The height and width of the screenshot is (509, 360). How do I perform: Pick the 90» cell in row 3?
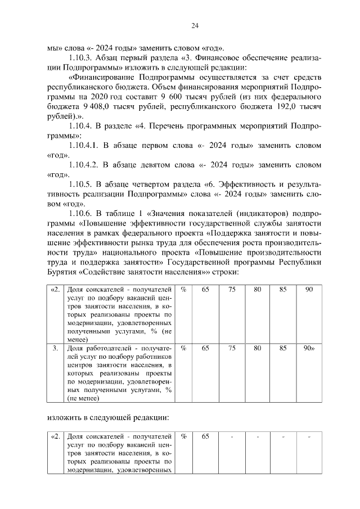(309, 348)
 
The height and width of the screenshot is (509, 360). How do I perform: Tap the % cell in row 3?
(183, 348)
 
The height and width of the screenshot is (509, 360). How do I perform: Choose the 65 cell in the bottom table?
(205, 436)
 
